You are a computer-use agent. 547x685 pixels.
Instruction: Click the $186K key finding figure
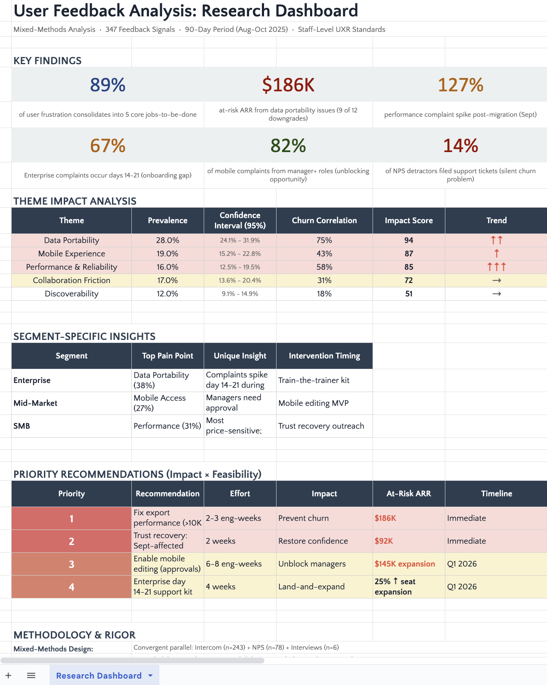coord(288,85)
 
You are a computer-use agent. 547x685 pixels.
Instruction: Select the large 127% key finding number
coord(460,85)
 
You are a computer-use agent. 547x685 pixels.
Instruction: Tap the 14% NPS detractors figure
coord(460,146)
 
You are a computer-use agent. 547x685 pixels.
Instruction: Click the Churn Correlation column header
coord(324,221)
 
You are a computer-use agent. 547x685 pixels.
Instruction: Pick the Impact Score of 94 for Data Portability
coord(409,240)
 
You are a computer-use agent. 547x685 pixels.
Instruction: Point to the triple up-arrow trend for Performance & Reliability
coord(497,267)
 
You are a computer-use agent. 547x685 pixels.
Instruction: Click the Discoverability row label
coord(71,294)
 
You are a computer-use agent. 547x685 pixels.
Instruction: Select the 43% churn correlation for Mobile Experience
coord(324,254)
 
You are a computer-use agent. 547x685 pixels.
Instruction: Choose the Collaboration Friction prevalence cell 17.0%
coord(168,280)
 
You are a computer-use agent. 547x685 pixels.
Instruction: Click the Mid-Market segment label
coord(35,403)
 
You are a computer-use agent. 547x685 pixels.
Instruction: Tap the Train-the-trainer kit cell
coord(314,380)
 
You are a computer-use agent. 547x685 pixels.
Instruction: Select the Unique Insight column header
coord(240,356)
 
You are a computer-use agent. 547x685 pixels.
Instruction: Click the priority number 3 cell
coord(71,564)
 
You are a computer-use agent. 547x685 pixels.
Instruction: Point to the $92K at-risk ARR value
coord(384,541)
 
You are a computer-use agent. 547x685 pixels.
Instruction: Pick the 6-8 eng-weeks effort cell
coord(234,564)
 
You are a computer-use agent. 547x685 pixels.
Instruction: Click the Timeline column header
coord(497,494)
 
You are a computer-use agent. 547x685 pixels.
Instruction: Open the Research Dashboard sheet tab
coord(99,676)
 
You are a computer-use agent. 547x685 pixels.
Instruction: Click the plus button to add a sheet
coord(8,676)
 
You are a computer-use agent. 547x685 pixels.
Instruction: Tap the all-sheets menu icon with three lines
coord(31,676)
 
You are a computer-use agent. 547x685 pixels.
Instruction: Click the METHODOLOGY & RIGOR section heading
coord(75,635)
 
